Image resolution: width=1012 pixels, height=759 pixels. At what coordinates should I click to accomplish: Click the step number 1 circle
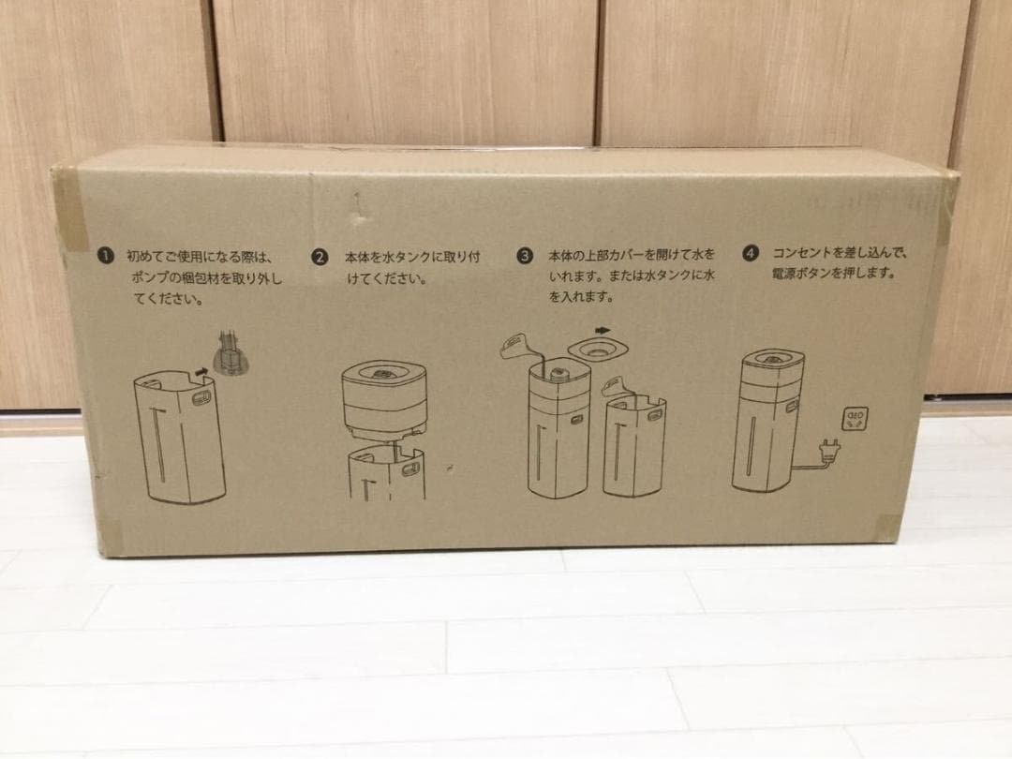click(x=105, y=256)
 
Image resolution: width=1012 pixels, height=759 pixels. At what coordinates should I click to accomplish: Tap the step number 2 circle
click(x=320, y=257)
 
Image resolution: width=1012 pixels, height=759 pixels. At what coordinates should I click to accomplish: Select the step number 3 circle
click(x=525, y=256)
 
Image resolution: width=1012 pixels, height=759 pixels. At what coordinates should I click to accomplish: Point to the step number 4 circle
click(x=750, y=253)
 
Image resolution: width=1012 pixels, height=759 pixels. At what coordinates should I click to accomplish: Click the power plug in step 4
click(x=828, y=449)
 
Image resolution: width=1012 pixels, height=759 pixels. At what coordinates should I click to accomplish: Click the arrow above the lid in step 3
click(x=603, y=331)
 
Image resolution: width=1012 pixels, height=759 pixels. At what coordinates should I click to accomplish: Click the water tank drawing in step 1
click(x=180, y=437)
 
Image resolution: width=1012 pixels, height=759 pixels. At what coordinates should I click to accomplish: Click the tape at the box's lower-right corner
click(x=888, y=528)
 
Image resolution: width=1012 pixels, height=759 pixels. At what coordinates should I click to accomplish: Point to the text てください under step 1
click(x=169, y=300)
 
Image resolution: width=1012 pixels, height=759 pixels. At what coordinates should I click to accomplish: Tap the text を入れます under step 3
click(x=581, y=297)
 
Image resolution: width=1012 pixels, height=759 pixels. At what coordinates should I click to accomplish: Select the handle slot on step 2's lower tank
click(x=410, y=469)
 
